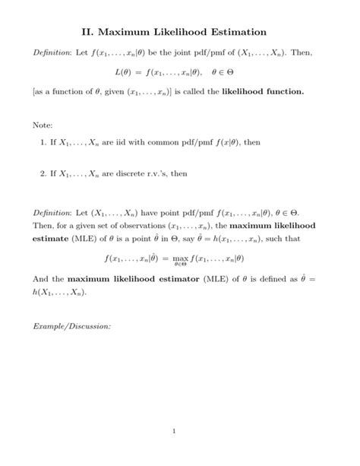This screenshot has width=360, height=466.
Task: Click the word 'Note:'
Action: tap(45, 125)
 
